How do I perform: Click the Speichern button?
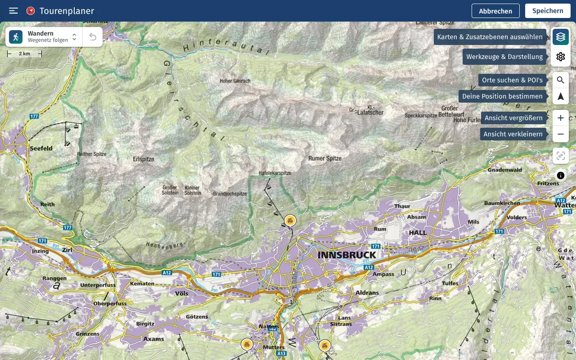coord(547,11)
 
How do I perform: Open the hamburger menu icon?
coord(13,11)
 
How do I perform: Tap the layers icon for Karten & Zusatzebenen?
coord(560,37)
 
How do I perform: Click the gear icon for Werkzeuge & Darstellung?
coord(560,57)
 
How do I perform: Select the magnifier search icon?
coord(560,80)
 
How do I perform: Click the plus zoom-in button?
coord(560,118)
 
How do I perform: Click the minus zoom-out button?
coord(560,134)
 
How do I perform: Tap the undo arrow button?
coord(93,37)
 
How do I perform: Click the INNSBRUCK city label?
coord(346,255)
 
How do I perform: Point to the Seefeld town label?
coord(41,148)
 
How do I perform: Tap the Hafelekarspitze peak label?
coord(275,173)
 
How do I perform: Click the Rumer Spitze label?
coord(325,158)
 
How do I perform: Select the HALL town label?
coord(417,233)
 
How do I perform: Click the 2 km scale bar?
coord(24,54)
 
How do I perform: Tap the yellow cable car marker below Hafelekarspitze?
coord(290,220)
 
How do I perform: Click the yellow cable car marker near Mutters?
coord(247,344)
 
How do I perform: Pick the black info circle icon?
coord(560,175)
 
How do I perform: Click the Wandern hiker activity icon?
coord(16,37)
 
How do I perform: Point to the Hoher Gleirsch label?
coord(235,81)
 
